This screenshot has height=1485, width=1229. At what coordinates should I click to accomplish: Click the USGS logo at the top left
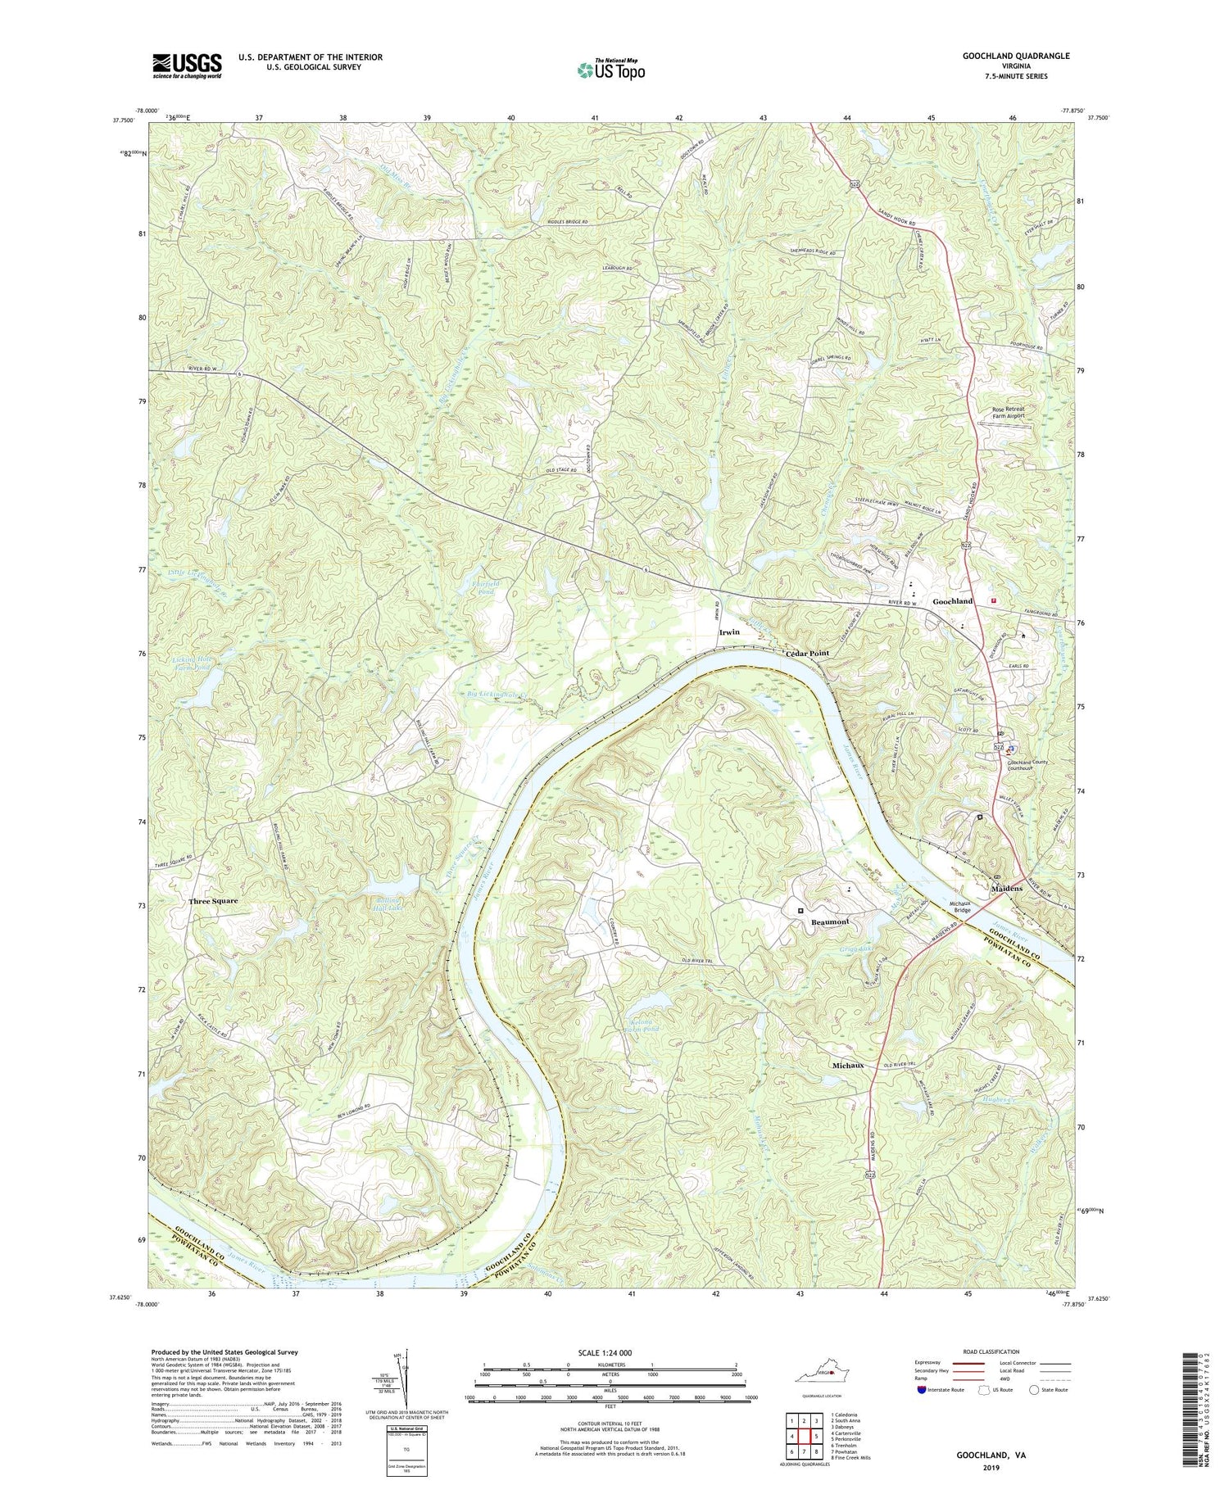[187, 66]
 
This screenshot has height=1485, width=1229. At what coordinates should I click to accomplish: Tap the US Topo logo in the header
[610, 70]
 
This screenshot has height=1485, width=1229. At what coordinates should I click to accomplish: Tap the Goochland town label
[953, 601]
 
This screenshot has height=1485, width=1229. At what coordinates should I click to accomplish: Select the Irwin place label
[729, 632]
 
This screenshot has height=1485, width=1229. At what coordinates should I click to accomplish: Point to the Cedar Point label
[808, 653]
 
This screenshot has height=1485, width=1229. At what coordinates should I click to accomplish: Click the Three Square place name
[213, 901]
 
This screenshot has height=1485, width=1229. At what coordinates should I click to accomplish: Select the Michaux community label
[848, 1066]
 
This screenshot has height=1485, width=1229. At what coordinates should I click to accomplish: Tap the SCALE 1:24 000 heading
[609, 1352]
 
